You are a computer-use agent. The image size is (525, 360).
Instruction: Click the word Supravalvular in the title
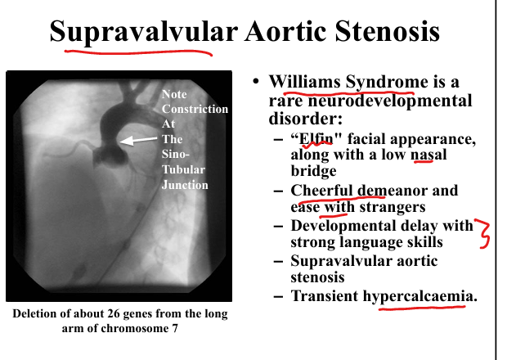pos(144,31)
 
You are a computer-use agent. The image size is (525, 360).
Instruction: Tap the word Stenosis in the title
pos(388,31)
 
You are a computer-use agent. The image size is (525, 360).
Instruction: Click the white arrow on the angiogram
pos(138,140)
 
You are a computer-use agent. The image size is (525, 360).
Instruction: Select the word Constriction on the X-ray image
pos(195,109)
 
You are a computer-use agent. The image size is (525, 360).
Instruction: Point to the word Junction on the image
pos(185,185)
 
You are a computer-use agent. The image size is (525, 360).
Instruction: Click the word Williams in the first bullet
pos(305,82)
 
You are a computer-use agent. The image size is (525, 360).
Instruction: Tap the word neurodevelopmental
pos(390,101)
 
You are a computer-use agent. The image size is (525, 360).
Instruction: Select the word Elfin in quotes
pos(316,138)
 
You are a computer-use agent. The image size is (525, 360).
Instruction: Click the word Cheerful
pos(321,191)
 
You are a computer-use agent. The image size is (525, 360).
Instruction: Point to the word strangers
pos(393,207)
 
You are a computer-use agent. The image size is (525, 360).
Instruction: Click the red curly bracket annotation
pos(482,233)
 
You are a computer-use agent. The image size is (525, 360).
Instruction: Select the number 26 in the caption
pos(113,314)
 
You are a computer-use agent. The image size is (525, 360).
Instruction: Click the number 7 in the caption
pos(175,328)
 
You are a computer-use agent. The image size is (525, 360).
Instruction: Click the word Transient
pos(325,296)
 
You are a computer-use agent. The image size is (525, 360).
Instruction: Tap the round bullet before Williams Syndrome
pos(256,81)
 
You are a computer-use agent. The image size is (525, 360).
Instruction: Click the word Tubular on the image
pos(183,169)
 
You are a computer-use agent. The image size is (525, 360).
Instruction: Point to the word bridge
pos(313,171)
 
